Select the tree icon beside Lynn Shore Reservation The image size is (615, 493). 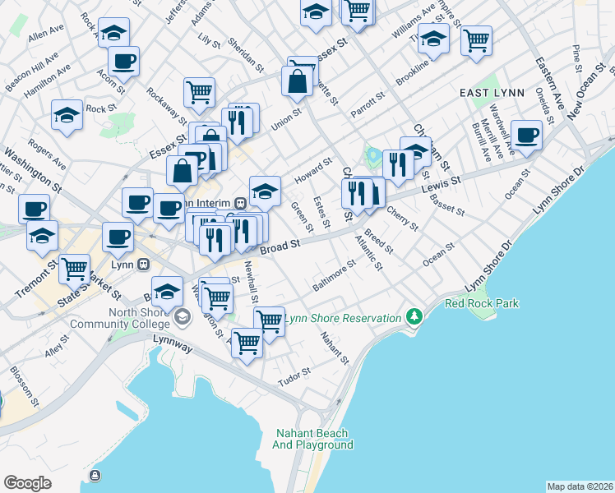coord(414,318)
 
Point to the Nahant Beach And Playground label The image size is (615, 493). coord(312,439)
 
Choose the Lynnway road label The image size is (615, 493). coord(172,348)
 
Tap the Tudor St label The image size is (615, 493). coord(294,372)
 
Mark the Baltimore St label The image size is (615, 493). coord(333,275)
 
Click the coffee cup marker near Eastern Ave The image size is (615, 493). coord(526,135)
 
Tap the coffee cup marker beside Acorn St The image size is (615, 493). coord(123,60)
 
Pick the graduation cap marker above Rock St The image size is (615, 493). coord(67,115)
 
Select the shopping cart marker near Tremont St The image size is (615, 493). coord(75,268)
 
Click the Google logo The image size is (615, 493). coord(27,483)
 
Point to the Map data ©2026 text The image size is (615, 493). coord(580,486)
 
